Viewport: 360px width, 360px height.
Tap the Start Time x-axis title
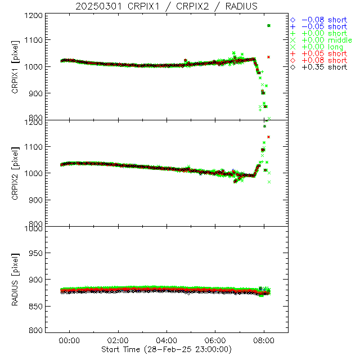pyautogui.click(x=166, y=349)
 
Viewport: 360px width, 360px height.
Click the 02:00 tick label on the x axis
pyautogui.click(x=118, y=340)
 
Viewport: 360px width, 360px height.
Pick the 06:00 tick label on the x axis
pyautogui.click(x=215, y=340)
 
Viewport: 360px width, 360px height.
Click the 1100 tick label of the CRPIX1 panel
pyautogui.click(x=35, y=40)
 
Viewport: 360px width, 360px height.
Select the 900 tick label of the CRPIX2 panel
pyautogui.click(x=38, y=200)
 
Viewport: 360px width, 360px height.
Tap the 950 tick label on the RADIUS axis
pyautogui.click(x=38, y=253)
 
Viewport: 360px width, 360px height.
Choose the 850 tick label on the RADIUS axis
pyautogui.click(x=38, y=305)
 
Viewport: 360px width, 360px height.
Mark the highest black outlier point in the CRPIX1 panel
pyautogui.click(x=269, y=26)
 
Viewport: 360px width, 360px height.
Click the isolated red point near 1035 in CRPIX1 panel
pyautogui.click(x=269, y=57)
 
